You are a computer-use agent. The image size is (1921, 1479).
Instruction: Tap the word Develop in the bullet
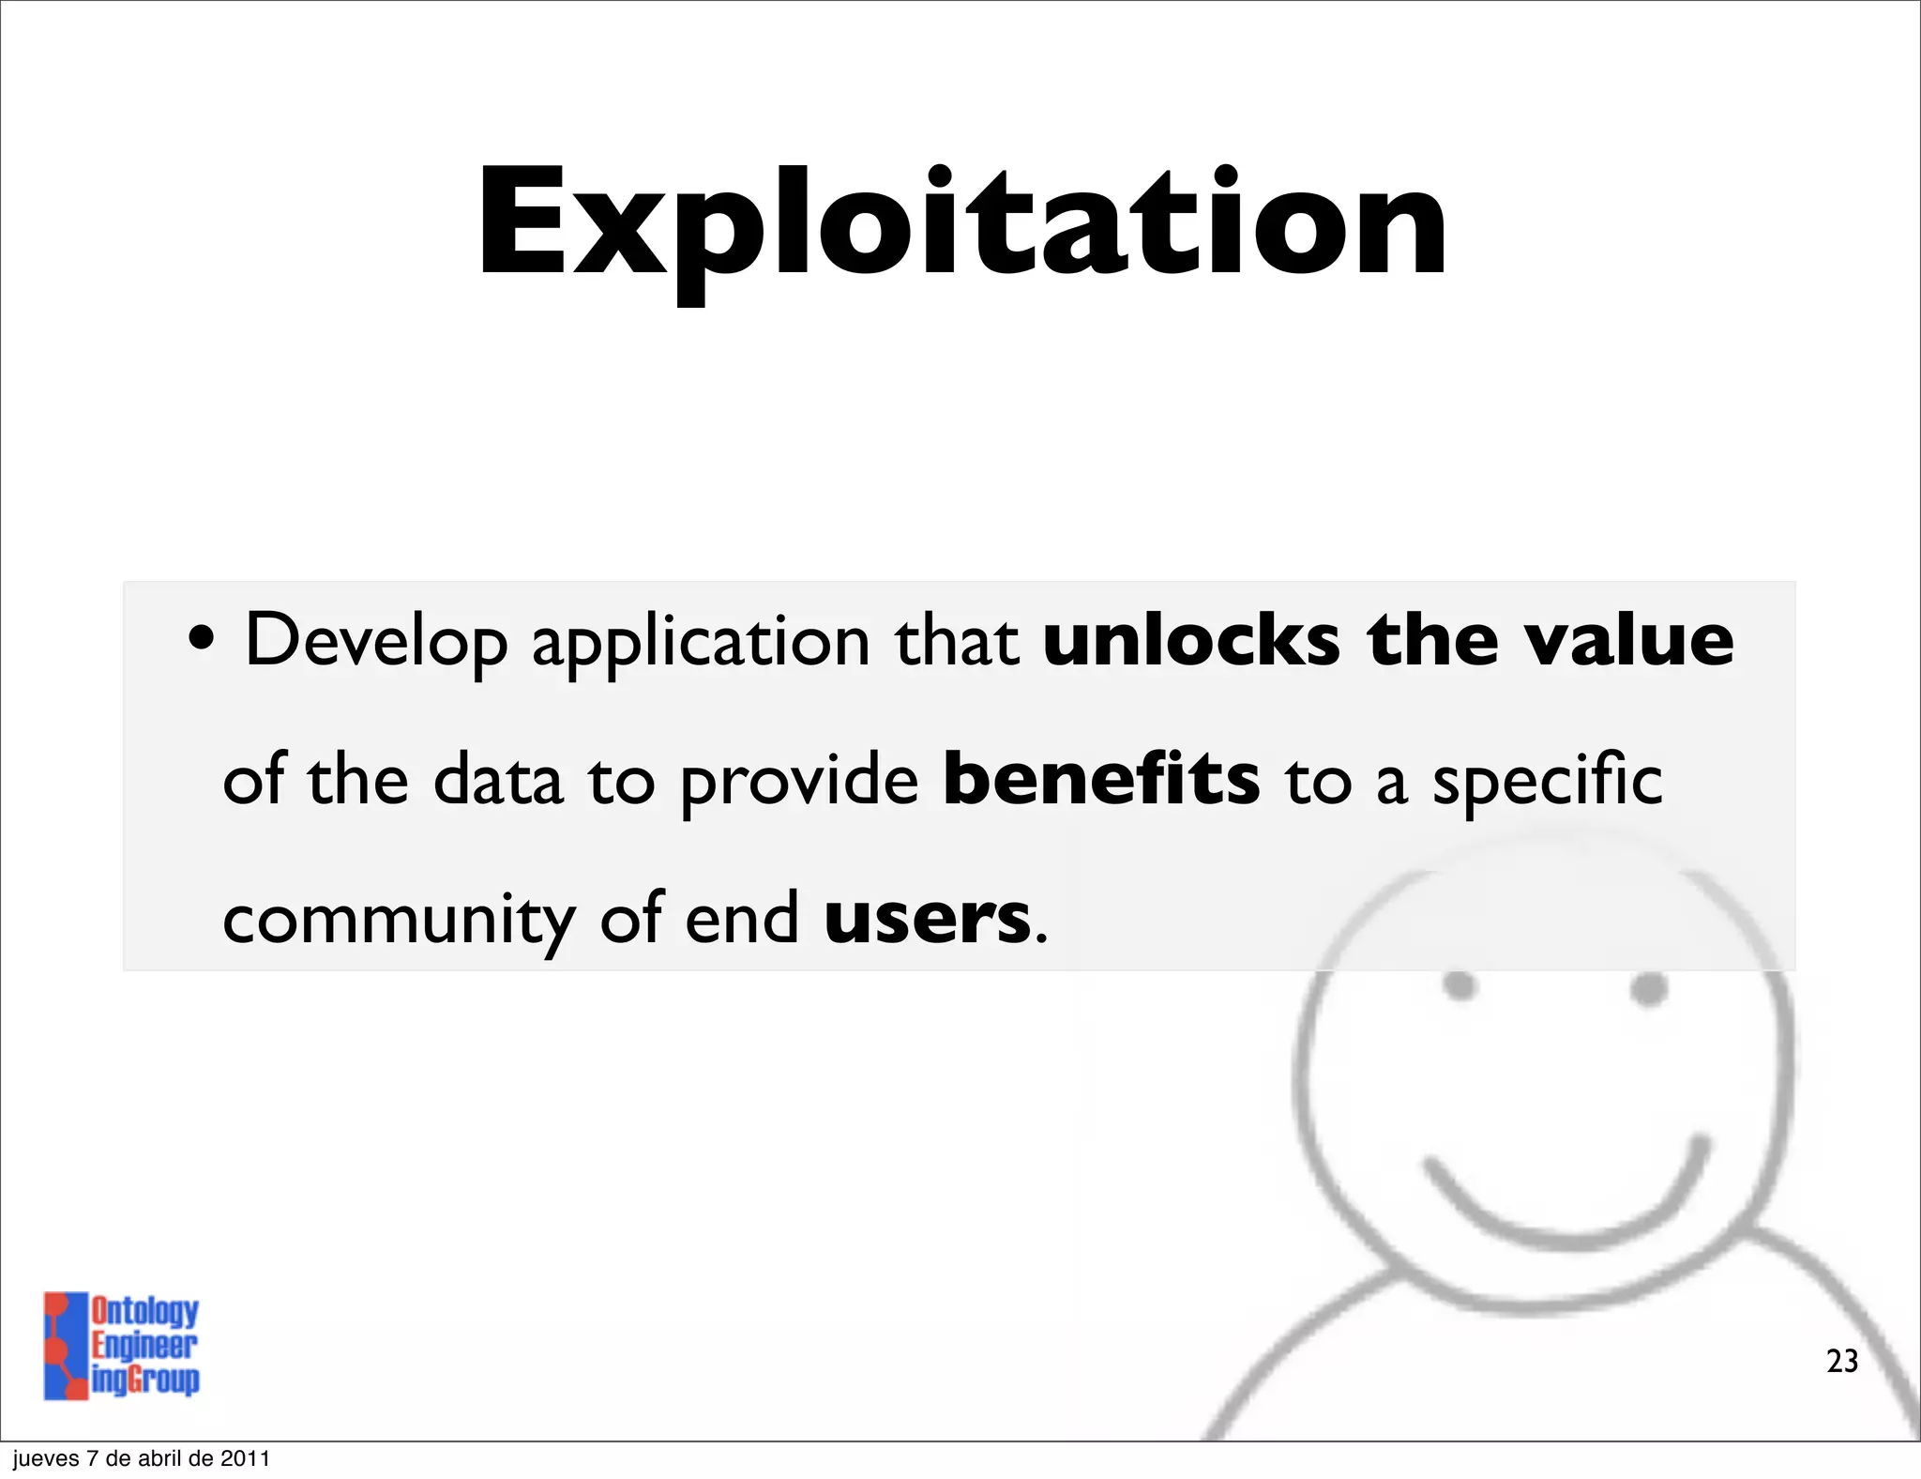[x=375, y=641]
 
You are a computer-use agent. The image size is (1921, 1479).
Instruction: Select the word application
[x=701, y=643]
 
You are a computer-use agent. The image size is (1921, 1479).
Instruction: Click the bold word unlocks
[x=1191, y=640]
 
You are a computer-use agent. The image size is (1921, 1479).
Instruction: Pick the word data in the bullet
[x=498, y=781]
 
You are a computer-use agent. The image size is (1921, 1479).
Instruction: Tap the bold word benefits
[x=1101, y=779]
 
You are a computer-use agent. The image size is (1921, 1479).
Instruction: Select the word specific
[x=1547, y=781]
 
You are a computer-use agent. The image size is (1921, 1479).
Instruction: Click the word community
[x=400, y=920]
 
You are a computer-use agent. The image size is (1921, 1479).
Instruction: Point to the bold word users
[x=927, y=919]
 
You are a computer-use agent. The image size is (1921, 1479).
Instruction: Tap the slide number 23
[x=1841, y=1361]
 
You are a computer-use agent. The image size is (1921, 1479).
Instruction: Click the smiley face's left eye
[x=1460, y=986]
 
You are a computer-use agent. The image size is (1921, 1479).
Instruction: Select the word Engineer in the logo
[x=144, y=1345]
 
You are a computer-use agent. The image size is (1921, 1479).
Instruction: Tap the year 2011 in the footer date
[x=246, y=1458]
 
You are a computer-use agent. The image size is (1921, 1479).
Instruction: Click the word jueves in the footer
[x=45, y=1458]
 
